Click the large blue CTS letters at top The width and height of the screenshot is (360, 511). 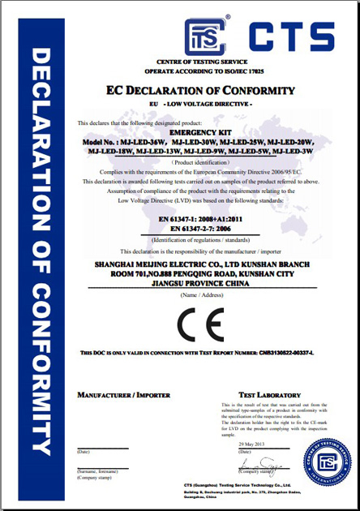[292, 36]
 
